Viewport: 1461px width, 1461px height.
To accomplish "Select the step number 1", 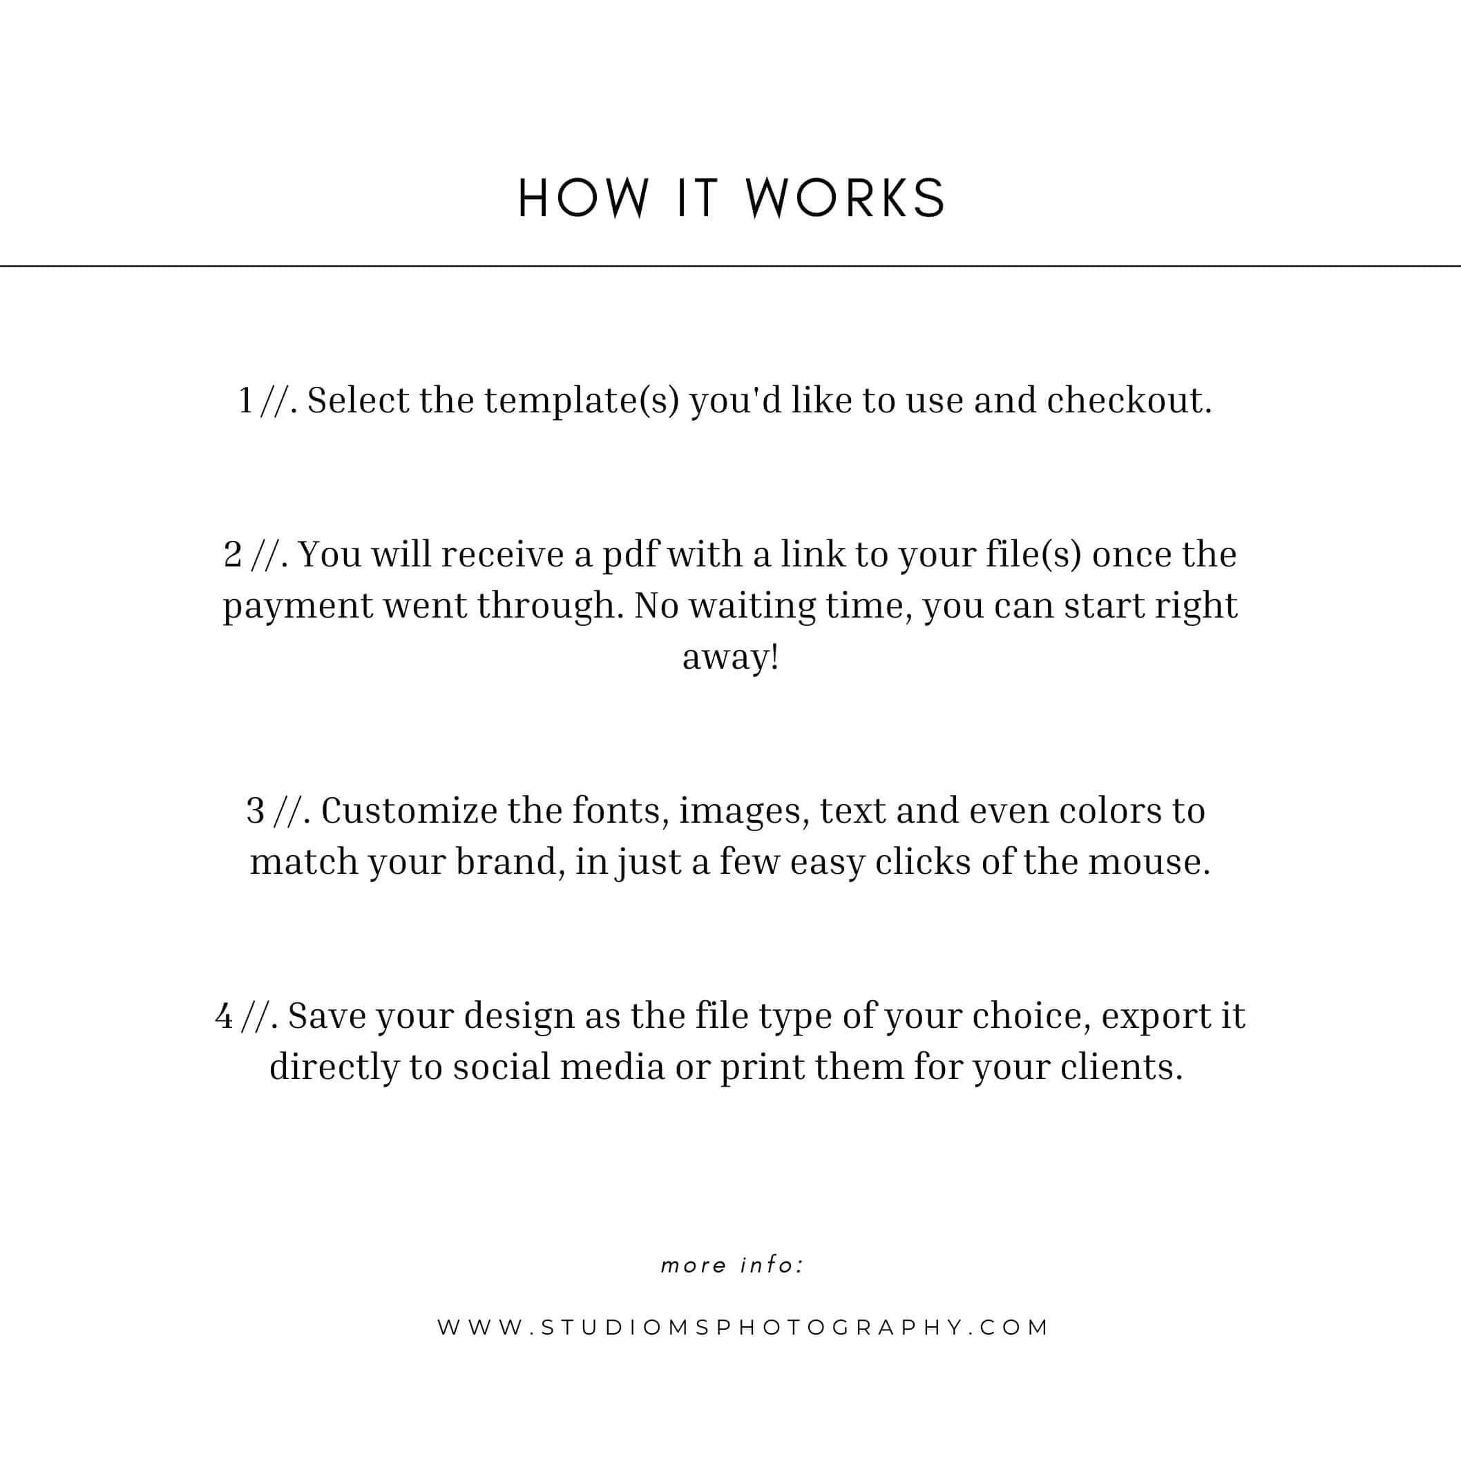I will [x=245, y=401].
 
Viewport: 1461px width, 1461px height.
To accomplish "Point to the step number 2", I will [x=233, y=556].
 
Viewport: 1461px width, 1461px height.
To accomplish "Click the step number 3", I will [x=256, y=812].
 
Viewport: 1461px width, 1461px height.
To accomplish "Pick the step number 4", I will [x=224, y=1016].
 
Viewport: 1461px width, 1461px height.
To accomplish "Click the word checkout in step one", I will [x=1128, y=401].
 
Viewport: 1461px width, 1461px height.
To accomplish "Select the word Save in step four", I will [x=326, y=1016].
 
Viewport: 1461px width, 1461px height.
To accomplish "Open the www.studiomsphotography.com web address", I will [x=743, y=1327].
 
